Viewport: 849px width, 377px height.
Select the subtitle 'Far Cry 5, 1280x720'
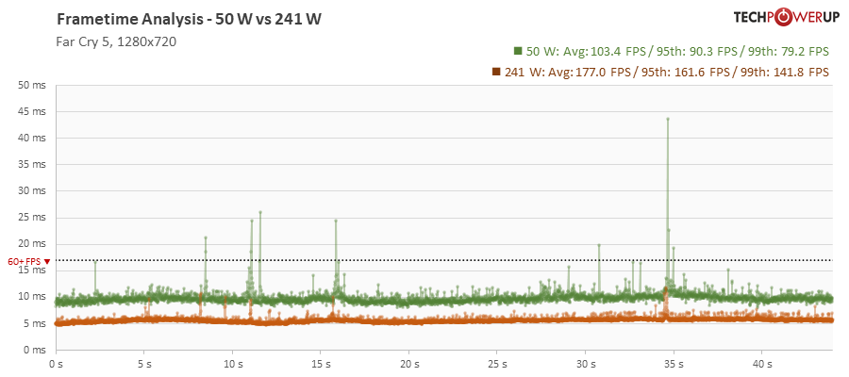tap(117, 41)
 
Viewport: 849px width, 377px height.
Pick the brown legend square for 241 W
tap(496, 72)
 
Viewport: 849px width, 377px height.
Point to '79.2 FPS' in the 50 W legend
tap(803, 51)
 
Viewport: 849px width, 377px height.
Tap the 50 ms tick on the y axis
tap(32, 85)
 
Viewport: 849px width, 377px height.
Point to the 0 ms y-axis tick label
tap(35, 350)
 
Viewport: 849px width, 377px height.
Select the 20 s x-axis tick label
tap(408, 363)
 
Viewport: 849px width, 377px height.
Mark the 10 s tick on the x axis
tap(232, 363)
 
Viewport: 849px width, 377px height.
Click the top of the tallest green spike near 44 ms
tap(668, 120)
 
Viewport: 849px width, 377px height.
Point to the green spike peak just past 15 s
tap(336, 221)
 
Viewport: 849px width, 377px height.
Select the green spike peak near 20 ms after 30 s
tap(599, 245)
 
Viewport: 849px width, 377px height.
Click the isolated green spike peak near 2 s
tap(95, 261)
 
